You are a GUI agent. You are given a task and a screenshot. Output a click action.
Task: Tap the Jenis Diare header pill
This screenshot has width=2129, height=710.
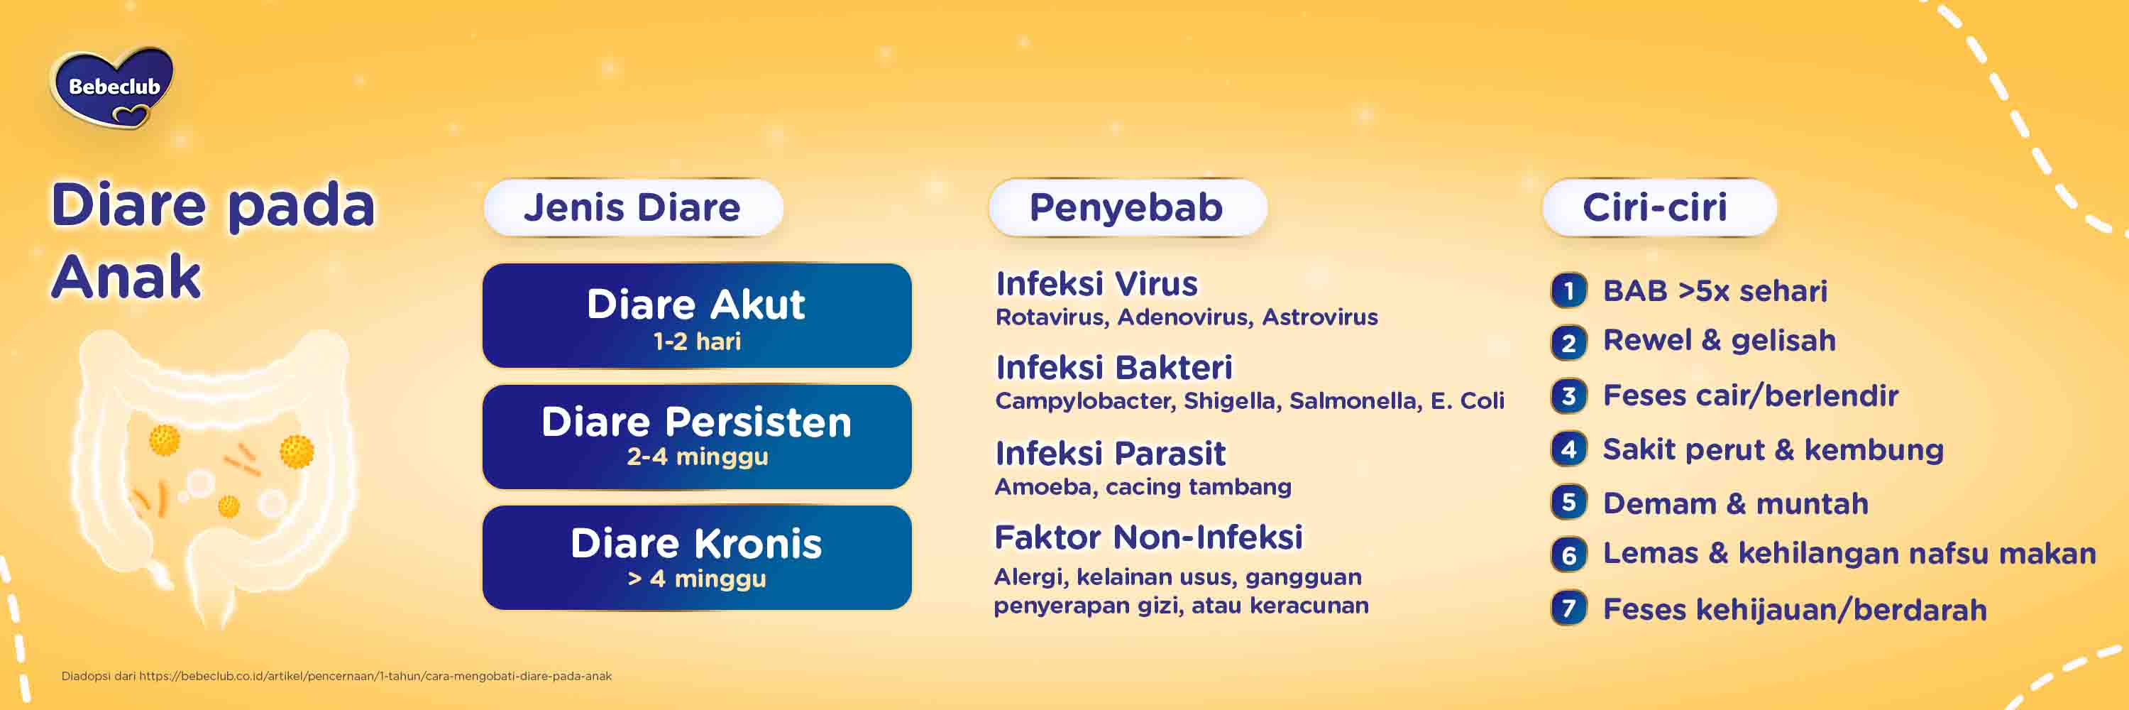pos(632,207)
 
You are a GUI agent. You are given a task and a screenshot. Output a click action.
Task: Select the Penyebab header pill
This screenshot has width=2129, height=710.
pos(1126,207)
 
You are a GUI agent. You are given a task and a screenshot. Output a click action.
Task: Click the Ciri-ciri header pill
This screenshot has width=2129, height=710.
pos(1657,207)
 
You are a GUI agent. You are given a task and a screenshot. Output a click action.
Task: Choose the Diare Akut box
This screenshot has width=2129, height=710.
pos(697,315)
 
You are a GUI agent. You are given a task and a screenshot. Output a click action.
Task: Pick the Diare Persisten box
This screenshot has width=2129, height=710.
pos(697,437)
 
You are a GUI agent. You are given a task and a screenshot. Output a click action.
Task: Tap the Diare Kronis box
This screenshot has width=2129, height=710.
pos(697,557)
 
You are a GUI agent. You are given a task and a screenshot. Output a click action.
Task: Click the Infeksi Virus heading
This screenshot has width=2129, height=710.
pos(1096,284)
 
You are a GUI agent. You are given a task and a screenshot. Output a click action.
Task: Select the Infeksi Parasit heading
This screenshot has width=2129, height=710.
pos(1110,454)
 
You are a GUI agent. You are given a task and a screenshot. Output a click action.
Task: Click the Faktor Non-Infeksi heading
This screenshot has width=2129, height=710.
pos(1148,538)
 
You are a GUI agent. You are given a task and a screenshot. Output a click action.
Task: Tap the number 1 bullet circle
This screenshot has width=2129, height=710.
pos(1568,291)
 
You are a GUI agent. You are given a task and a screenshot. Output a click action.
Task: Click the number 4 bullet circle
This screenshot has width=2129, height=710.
pos(1568,449)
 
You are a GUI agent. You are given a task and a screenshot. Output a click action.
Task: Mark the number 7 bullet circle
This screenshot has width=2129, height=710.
pos(1568,609)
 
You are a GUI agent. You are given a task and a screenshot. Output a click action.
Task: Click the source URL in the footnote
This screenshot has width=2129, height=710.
pos(375,676)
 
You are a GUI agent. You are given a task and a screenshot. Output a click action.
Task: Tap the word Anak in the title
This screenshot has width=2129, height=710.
pos(126,277)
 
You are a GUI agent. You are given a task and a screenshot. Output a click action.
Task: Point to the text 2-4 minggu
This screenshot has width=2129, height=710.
pos(697,457)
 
